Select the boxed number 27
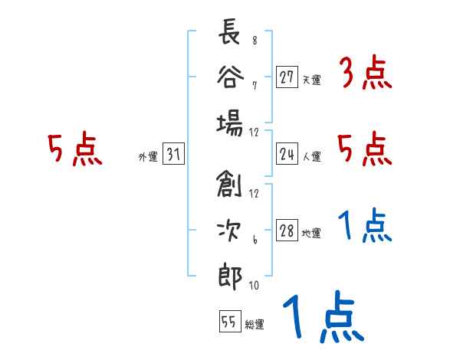287,78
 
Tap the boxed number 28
287,231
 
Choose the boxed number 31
173,155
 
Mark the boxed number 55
228,322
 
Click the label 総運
254,324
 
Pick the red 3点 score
365,74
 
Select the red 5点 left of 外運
74,150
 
